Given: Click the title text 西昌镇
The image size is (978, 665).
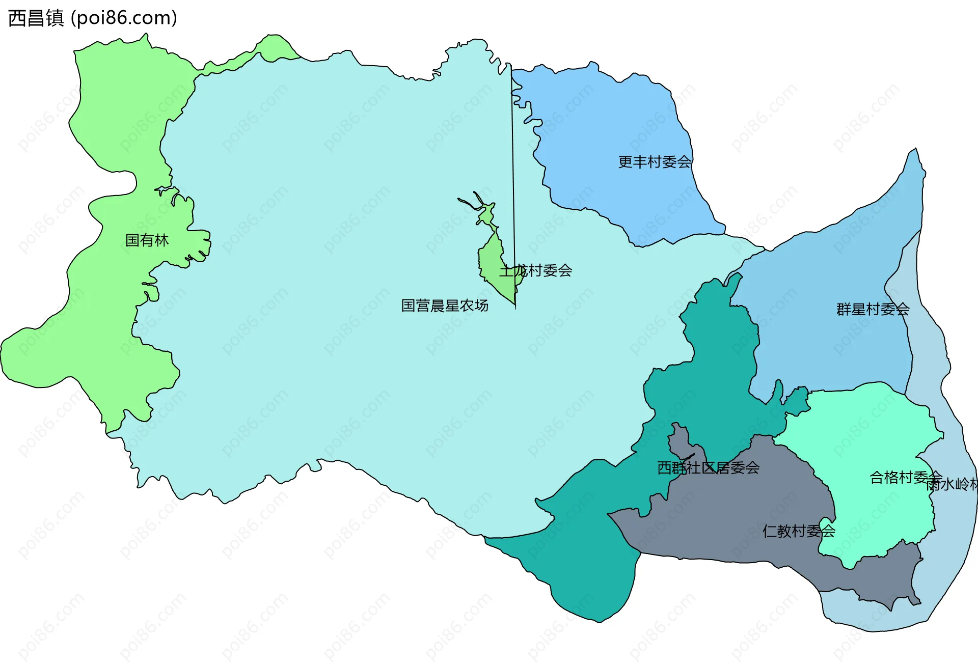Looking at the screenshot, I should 36,18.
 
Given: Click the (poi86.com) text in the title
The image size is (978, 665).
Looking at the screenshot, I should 124,18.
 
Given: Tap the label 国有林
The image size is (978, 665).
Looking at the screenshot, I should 147,240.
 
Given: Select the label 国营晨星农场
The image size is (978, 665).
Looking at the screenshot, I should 444,306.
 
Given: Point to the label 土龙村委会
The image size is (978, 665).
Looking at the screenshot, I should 535,270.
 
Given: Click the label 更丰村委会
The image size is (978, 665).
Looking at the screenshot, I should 655,162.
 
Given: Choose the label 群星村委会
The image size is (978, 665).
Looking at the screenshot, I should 873,309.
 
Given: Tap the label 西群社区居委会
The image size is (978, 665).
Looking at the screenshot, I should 708,467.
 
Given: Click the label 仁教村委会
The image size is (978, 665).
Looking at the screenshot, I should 799,531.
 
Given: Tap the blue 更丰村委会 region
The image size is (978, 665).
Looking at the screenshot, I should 611,127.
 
